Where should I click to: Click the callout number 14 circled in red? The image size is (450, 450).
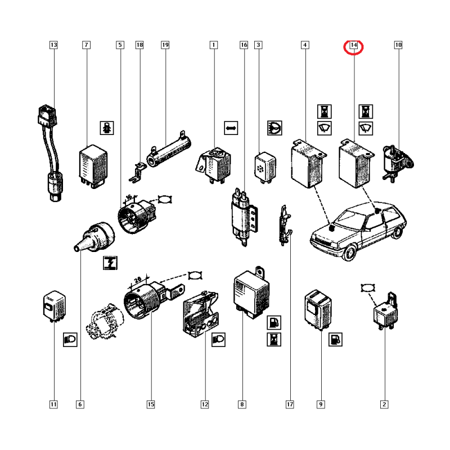pos(354,45)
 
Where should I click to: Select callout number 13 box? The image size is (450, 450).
pos(53,45)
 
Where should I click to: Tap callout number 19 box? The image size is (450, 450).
pos(165,45)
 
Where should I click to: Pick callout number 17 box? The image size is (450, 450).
pos(290,404)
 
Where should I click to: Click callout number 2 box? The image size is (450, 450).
pos(384,404)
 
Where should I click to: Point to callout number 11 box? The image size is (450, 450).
pos(53,404)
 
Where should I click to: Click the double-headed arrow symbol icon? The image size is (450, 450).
pos(231,128)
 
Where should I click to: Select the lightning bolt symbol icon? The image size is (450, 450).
pos(110,263)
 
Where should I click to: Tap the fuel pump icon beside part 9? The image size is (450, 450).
pos(335,340)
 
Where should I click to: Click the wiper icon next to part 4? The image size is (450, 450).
pos(325,128)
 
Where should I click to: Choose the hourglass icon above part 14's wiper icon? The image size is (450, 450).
pos(366,111)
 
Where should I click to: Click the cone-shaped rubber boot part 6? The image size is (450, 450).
pos(94,237)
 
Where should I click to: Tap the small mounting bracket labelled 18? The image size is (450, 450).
pos(137,173)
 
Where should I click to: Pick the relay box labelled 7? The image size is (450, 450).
pos(93,166)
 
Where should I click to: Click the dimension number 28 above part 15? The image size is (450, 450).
pos(138,279)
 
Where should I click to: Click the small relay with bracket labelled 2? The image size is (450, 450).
pos(385,311)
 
